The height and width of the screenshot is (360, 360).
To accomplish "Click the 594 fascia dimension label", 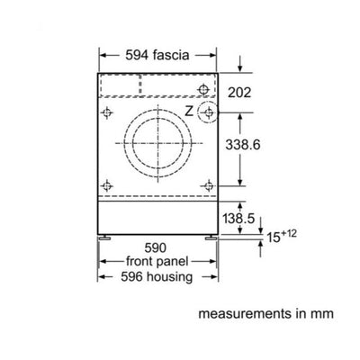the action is (157, 56).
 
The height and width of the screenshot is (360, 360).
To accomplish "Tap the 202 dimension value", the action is (239, 93).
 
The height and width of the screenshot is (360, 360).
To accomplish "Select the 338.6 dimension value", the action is (243, 145).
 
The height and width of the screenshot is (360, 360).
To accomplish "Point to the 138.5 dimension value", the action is (238, 219).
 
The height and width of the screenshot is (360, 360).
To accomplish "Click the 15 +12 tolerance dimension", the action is (282, 236).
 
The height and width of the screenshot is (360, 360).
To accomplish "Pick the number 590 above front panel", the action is (156, 248).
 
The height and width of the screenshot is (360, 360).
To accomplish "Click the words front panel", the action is (157, 261).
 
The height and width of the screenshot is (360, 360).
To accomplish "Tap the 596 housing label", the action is (157, 276).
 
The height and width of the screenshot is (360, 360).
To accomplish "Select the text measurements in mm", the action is (265, 314).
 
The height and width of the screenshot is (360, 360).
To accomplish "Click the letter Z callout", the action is (189, 112).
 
